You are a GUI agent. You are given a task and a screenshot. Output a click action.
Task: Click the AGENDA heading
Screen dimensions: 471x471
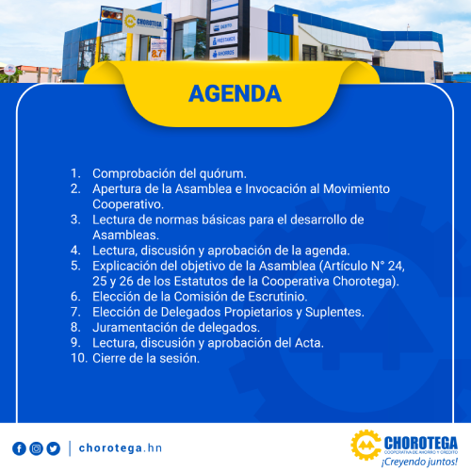click(x=235, y=93)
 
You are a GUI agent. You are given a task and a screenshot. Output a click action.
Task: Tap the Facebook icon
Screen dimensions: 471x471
click(x=19, y=448)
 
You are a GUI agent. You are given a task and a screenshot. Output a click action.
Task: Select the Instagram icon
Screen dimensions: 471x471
click(x=36, y=448)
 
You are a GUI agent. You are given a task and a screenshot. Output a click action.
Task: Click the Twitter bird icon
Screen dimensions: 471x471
click(x=54, y=448)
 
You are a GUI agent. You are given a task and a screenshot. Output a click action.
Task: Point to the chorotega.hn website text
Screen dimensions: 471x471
click(x=121, y=448)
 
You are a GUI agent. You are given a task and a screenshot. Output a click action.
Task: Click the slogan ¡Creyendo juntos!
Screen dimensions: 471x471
click(x=419, y=462)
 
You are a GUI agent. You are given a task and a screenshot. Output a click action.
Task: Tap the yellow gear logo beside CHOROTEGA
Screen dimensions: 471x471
click(x=365, y=445)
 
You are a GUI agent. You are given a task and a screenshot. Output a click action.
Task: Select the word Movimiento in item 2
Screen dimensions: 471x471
click(x=356, y=188)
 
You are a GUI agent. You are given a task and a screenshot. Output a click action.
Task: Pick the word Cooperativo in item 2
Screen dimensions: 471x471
click(x=128, y=204)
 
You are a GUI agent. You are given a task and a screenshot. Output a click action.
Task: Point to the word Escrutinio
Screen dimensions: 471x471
click(x=278, y=297)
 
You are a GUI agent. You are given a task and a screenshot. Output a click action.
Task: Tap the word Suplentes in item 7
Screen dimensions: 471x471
click(x=334, y=312)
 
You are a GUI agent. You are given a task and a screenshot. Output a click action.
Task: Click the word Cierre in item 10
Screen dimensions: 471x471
click(x=109, y=358)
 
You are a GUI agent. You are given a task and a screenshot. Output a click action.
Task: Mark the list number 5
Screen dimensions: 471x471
click(x=75, y=266)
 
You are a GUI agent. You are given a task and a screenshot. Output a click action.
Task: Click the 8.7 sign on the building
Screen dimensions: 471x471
click(x=158, y=54)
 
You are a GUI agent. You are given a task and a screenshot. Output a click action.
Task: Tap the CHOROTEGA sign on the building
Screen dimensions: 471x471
click(x=143, y=22)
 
